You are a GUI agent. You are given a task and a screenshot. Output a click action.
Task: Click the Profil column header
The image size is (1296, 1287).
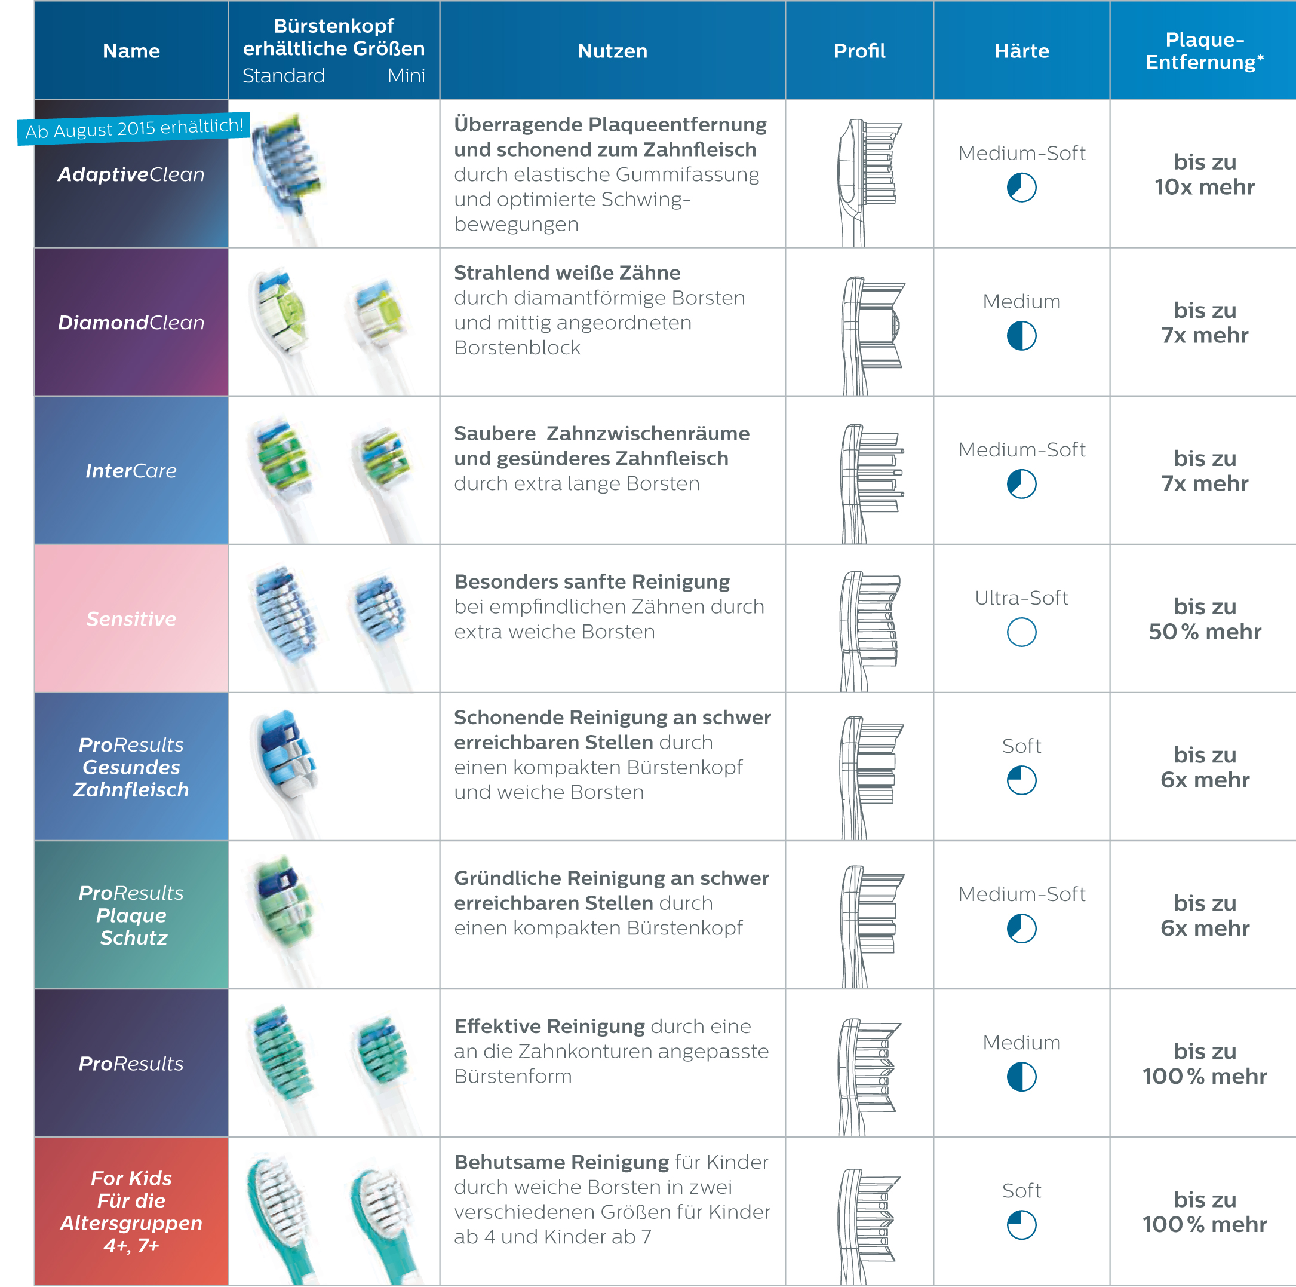click(859, 51)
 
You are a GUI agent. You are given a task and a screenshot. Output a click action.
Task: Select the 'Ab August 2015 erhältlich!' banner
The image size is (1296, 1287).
click(134, 128)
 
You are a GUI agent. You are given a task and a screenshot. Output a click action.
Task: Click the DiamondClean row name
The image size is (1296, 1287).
click(131, 323)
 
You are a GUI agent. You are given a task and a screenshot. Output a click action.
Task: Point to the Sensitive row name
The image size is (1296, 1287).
click(131, 618)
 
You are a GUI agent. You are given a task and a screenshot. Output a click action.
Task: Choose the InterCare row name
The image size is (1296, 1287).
click(131, 471)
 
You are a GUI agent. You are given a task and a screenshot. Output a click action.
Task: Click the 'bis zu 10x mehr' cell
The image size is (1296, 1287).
click(1204, 174)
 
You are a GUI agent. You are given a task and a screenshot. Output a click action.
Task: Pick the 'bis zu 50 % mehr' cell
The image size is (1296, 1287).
click(1204, 618)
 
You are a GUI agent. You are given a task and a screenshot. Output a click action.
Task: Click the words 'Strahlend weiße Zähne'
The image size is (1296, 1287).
click(567, 273)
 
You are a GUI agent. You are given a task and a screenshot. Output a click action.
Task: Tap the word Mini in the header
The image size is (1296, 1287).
click(406, 76)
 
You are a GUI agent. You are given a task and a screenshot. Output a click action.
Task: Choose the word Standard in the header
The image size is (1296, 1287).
click(284, 76)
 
